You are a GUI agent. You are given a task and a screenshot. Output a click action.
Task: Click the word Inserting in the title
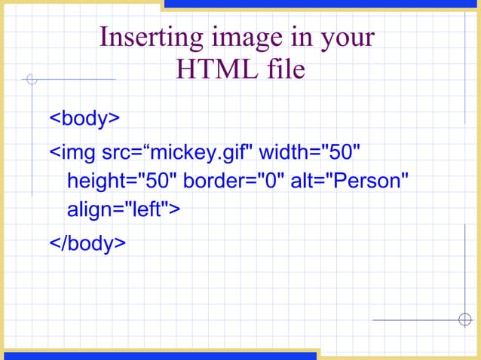tap(141, 38)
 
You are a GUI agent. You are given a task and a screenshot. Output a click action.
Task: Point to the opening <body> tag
tap(84, 118)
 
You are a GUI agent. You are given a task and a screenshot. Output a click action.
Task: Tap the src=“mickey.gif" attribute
tap(177, 153)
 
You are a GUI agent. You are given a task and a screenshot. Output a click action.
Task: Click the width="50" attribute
tap(310, 153)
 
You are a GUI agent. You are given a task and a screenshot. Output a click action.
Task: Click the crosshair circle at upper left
tap(32, 79)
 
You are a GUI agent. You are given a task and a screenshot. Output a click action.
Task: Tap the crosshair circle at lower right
tap(464, 319)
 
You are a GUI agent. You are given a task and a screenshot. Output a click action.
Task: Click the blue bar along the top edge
tap(321, 5)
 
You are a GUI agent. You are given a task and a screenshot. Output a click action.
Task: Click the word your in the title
tap(348, 38)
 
